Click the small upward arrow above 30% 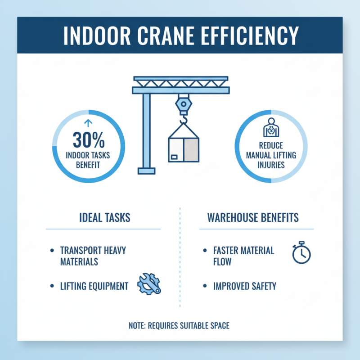coord(88,123)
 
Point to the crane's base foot coord(146,171)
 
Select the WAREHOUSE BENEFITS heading coord(253,218)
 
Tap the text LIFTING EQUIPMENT coord(94,286)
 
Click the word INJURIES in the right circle coord(271,165)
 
